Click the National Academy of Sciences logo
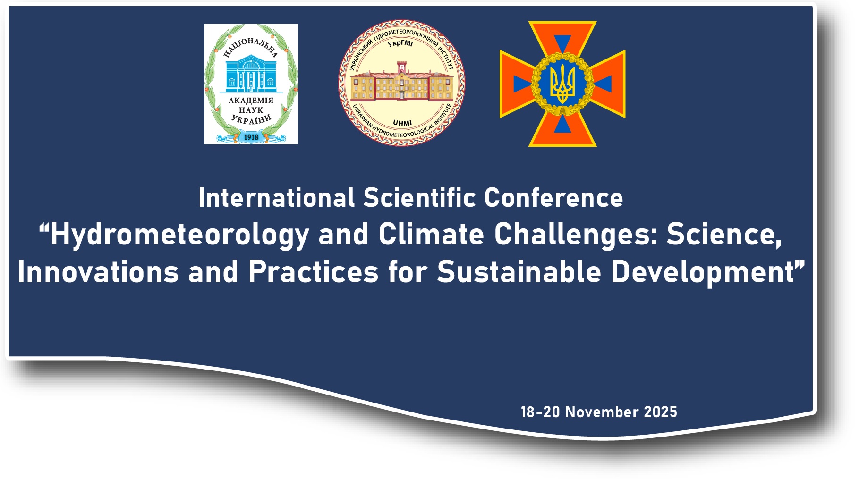(251, 84)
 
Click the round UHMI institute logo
(401, 83)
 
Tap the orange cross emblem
(562, 84)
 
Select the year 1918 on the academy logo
(251, 137)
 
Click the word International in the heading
(276, 198)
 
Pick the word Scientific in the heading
(419, 198)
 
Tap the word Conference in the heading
(553, 198)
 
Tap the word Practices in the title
(314, 272)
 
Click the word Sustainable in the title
(519, 272)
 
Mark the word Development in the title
(703, 273)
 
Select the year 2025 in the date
(661, 412)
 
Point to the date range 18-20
(540, 412)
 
